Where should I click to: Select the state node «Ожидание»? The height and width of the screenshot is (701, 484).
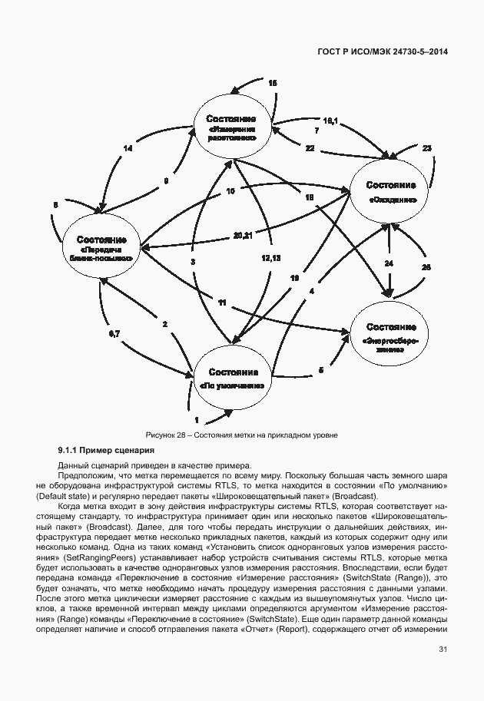391,192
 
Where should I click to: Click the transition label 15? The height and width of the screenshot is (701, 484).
272,83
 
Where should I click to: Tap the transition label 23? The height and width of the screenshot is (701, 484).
427,147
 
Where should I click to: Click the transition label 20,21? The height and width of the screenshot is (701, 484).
243,233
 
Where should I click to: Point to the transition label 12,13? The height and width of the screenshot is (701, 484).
270,258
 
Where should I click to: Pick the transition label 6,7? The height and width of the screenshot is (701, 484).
114,334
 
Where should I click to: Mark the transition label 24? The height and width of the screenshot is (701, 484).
389,263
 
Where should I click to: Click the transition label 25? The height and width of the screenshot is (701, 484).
427,266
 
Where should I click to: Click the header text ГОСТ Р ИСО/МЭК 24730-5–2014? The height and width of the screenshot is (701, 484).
382,51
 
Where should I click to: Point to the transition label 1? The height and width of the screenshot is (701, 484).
196,420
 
